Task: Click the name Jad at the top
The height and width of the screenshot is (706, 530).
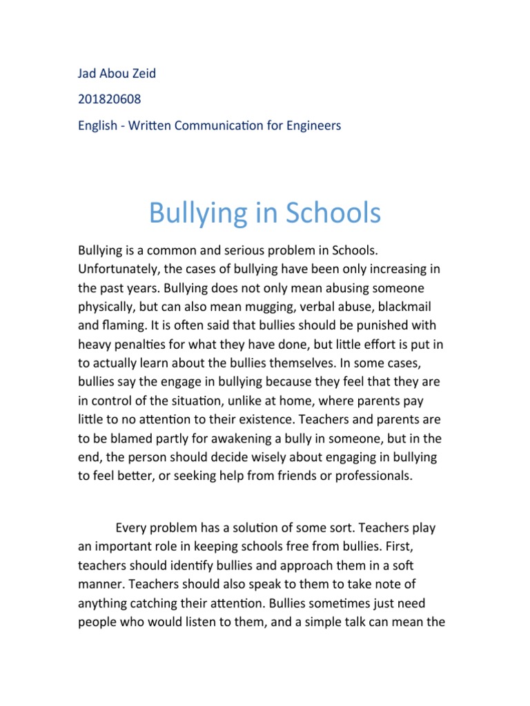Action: click(88, 74)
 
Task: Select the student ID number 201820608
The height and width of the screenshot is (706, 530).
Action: click(109, 99)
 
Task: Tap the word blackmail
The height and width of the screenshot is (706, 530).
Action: click(410, 305)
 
